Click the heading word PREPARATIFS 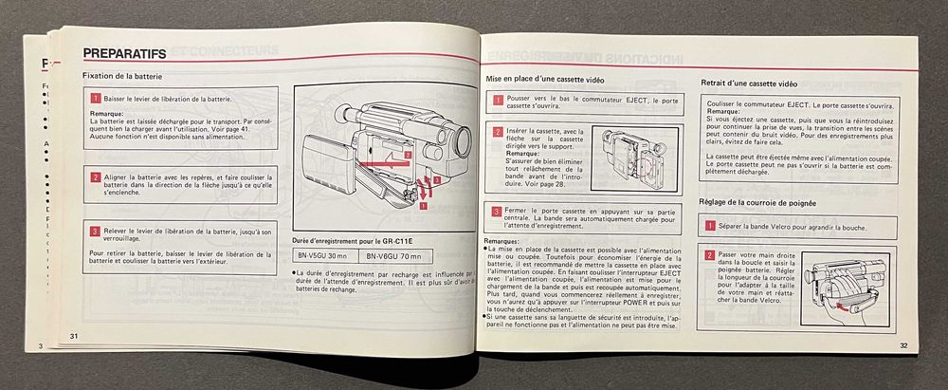[x=125, y=54]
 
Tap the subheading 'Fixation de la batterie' [x=124, y=76]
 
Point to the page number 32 [x=904, y=345]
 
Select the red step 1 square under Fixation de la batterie [x=96, y=98]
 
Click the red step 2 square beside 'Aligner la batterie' [x=96, y=176]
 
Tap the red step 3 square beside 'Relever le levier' [x=96, y=231]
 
